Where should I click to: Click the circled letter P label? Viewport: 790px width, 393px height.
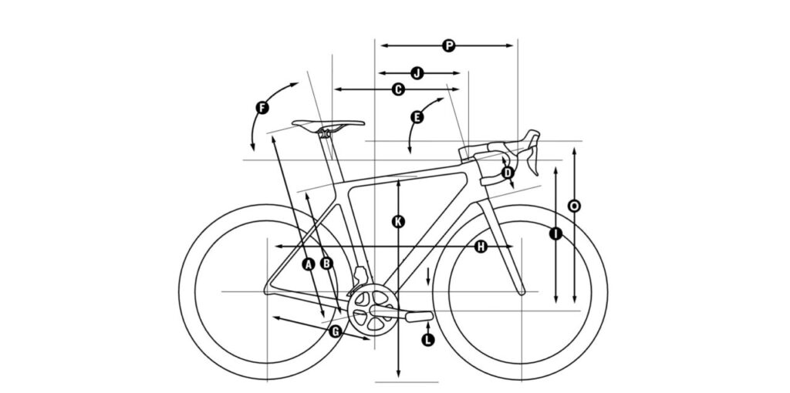coord(448,45)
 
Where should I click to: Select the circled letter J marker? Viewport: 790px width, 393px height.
coord(417,73)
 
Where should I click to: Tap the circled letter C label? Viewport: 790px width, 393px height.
coord(398,89)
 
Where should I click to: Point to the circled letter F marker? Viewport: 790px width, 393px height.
coord(262,108)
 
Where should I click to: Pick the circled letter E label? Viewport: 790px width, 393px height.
coord(417,117)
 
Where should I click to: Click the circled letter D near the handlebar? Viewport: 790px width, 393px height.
coord(508,173)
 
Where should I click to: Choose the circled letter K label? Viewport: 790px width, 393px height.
coord(399,221)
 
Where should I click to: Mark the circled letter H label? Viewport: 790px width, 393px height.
coord(481,247)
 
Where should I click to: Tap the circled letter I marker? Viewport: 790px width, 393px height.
coord(555,233)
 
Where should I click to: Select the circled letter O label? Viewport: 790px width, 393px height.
coord(574,206)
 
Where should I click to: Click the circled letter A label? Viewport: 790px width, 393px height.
coord(309,264)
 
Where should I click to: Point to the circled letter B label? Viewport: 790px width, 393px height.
coord(326,263)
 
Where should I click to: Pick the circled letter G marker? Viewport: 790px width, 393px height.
coord(336,331)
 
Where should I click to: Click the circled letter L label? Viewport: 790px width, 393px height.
coord(427,340)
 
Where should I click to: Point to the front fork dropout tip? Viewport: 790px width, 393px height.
coord(522,291)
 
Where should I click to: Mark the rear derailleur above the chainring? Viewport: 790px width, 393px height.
coord(360,277)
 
